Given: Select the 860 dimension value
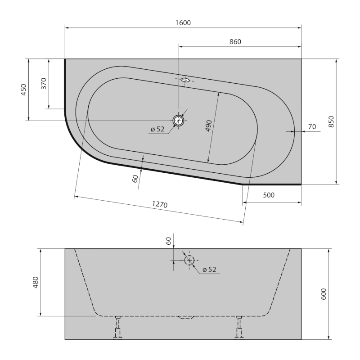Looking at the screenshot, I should (235, 42).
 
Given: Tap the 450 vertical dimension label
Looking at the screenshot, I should (24, 90).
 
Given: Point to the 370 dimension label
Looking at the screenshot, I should (44, 84).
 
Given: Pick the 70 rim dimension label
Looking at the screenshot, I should (311, 127).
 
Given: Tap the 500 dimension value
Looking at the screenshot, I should (268, 195).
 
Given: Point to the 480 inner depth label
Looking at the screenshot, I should (36, 282).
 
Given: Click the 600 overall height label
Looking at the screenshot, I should (324, 294).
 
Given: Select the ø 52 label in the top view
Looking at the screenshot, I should (157, 130).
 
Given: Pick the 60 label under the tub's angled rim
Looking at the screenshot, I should (135, 179).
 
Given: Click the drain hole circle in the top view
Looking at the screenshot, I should (179, 120).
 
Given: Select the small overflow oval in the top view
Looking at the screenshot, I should (184, 80).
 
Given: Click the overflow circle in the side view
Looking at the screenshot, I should (189, 260).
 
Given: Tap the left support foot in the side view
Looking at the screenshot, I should (118, 327).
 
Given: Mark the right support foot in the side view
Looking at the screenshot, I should (239, 327).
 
